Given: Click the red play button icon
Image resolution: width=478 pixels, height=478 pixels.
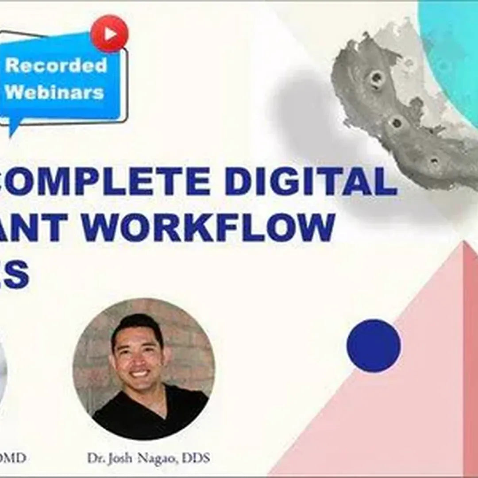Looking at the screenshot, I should coord(109,33).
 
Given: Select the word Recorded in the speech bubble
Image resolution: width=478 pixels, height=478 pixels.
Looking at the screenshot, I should coord(56,65).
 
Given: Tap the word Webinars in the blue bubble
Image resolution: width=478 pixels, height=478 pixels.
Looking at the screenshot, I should coord(54,92).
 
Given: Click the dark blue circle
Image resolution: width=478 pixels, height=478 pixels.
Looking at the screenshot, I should coord(374,345).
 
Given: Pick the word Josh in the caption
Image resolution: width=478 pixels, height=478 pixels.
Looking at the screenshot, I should coord(125,458).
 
